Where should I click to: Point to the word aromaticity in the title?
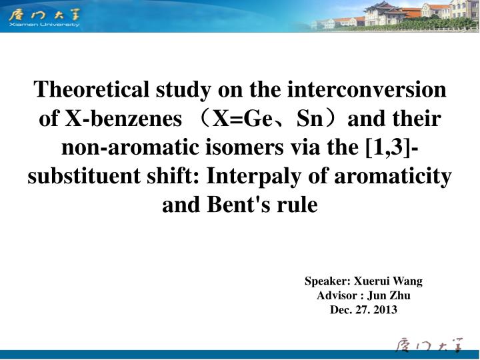pyautogui.click(x=392, y=177)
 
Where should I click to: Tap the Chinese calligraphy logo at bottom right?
pyautogui.click(x=427, y=345)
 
